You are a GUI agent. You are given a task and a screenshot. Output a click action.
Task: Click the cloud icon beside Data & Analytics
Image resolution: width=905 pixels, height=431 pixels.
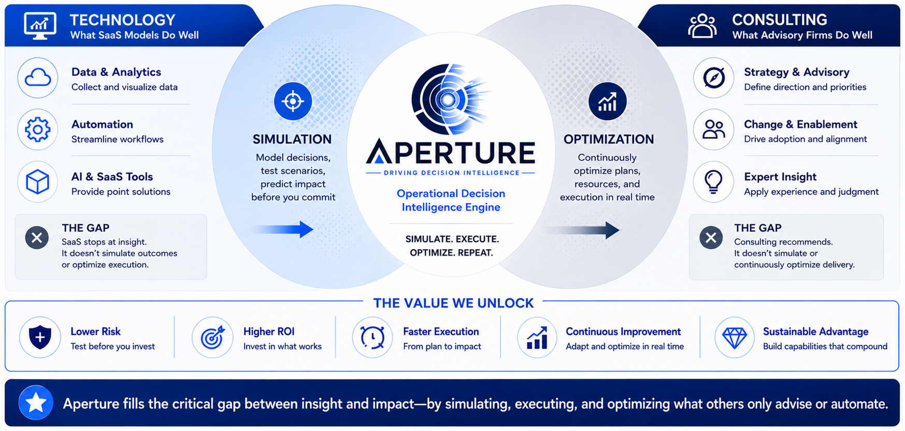click(x=38, y=78)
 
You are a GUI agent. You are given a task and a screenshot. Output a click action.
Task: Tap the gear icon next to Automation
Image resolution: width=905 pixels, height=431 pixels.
click(x=38, y=130)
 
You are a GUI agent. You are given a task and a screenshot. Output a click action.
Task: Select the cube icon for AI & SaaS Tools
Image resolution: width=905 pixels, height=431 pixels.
click(x=38, y=182)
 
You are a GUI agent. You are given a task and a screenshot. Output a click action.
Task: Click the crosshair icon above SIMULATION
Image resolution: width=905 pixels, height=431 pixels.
click(x=293, y=101)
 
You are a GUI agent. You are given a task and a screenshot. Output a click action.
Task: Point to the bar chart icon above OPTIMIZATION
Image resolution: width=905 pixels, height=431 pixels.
click(x=607, y=101)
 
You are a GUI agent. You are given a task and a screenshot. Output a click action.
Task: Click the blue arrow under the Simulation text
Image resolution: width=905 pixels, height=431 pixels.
click(x=283, y=229)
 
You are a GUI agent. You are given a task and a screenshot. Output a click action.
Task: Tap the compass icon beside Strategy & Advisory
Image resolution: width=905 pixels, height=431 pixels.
click(x=714, y=78)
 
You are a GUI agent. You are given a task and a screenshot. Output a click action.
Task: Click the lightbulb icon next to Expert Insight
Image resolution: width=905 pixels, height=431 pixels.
click(x=714, y=182)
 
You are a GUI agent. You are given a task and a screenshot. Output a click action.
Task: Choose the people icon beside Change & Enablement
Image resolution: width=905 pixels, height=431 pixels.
click(x=714, y=130)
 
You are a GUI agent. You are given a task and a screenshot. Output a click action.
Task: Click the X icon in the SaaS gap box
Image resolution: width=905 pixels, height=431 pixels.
click(x=37, y=238)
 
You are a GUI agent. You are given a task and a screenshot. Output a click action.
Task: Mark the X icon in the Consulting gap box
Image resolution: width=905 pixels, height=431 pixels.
click(x=711, y=238)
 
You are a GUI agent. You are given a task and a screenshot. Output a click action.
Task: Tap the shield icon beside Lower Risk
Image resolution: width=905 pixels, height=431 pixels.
click(x=40, y=338)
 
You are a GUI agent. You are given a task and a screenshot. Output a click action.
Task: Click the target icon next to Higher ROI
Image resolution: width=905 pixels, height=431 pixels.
click(x=212, y=338)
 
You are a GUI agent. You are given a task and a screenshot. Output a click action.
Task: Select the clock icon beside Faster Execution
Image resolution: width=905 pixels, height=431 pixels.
click(x=372, y=338)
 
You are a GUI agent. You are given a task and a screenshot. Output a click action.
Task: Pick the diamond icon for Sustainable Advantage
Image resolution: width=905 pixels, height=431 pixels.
click(x=735, y=338)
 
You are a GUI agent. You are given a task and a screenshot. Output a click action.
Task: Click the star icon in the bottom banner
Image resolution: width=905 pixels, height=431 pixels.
click(x=36, y=403)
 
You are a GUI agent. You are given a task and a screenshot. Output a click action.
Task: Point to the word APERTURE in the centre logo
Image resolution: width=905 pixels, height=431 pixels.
click(x=451, y=152)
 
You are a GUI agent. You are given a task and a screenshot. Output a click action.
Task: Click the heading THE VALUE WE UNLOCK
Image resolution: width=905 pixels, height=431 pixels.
click(x=453, y=303)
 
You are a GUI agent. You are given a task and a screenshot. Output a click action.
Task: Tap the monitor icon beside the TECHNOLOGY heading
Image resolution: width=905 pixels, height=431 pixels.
click(x=40, y=25)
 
